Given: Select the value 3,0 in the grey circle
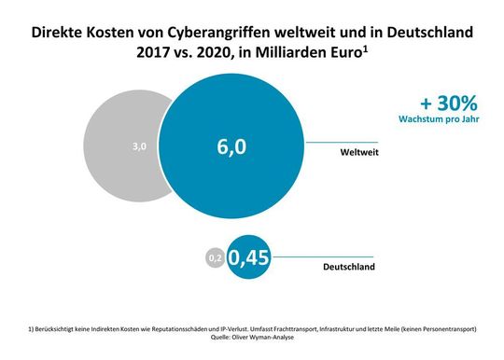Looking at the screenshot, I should tap(139, 146).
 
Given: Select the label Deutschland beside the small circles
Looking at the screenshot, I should tap(349, 267).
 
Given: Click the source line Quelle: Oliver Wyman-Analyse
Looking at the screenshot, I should tap(252, 338).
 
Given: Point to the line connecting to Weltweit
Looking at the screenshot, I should tap(327, 142).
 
